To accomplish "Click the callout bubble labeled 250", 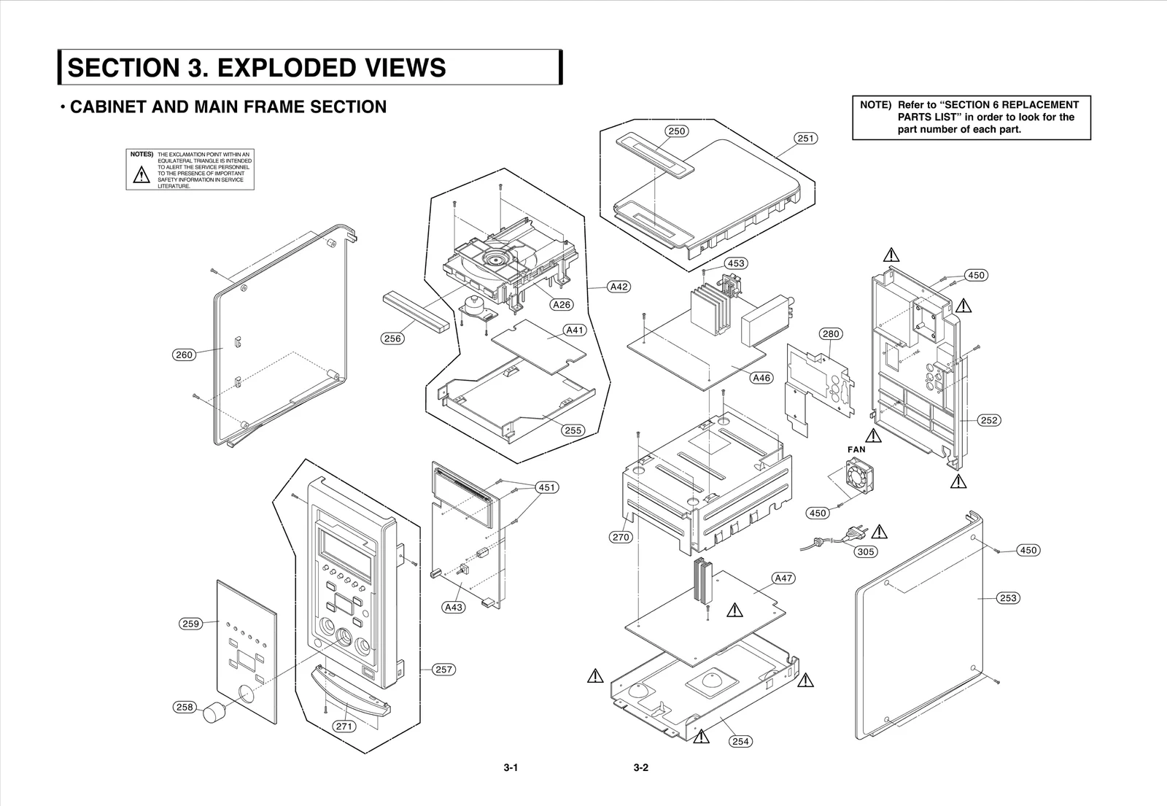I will pyautogui.click(x=677, y=131).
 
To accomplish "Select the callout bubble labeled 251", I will pyautogui.click(x=805, y=138).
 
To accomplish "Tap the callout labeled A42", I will pyautogui.click(x=619, y=287).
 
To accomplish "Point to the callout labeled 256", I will pyautogui.click(x=392, y=338).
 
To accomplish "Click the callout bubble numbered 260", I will pyautogui.click(x=184, y=355).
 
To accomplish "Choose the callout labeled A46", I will pyautogui.click(x=761, y=378).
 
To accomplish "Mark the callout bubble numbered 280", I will pyautogui.click(x=831, y=334).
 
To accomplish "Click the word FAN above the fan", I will pyautogui.click(x=856, y=449).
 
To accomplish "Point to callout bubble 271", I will pyautogui.click(x=344, y=726).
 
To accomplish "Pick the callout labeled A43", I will pyautogui.click(x=454, y=607).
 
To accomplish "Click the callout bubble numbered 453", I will pyautogui.click(x=736, y=263).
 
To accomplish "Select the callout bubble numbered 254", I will pyautogui.click(x=740, y=741).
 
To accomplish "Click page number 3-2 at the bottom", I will pyautogui.click(x=640, y=767).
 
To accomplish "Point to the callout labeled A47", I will pyautogui.click(x=783, y=578).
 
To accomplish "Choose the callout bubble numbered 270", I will pyautogui.click(x=621, y=537).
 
